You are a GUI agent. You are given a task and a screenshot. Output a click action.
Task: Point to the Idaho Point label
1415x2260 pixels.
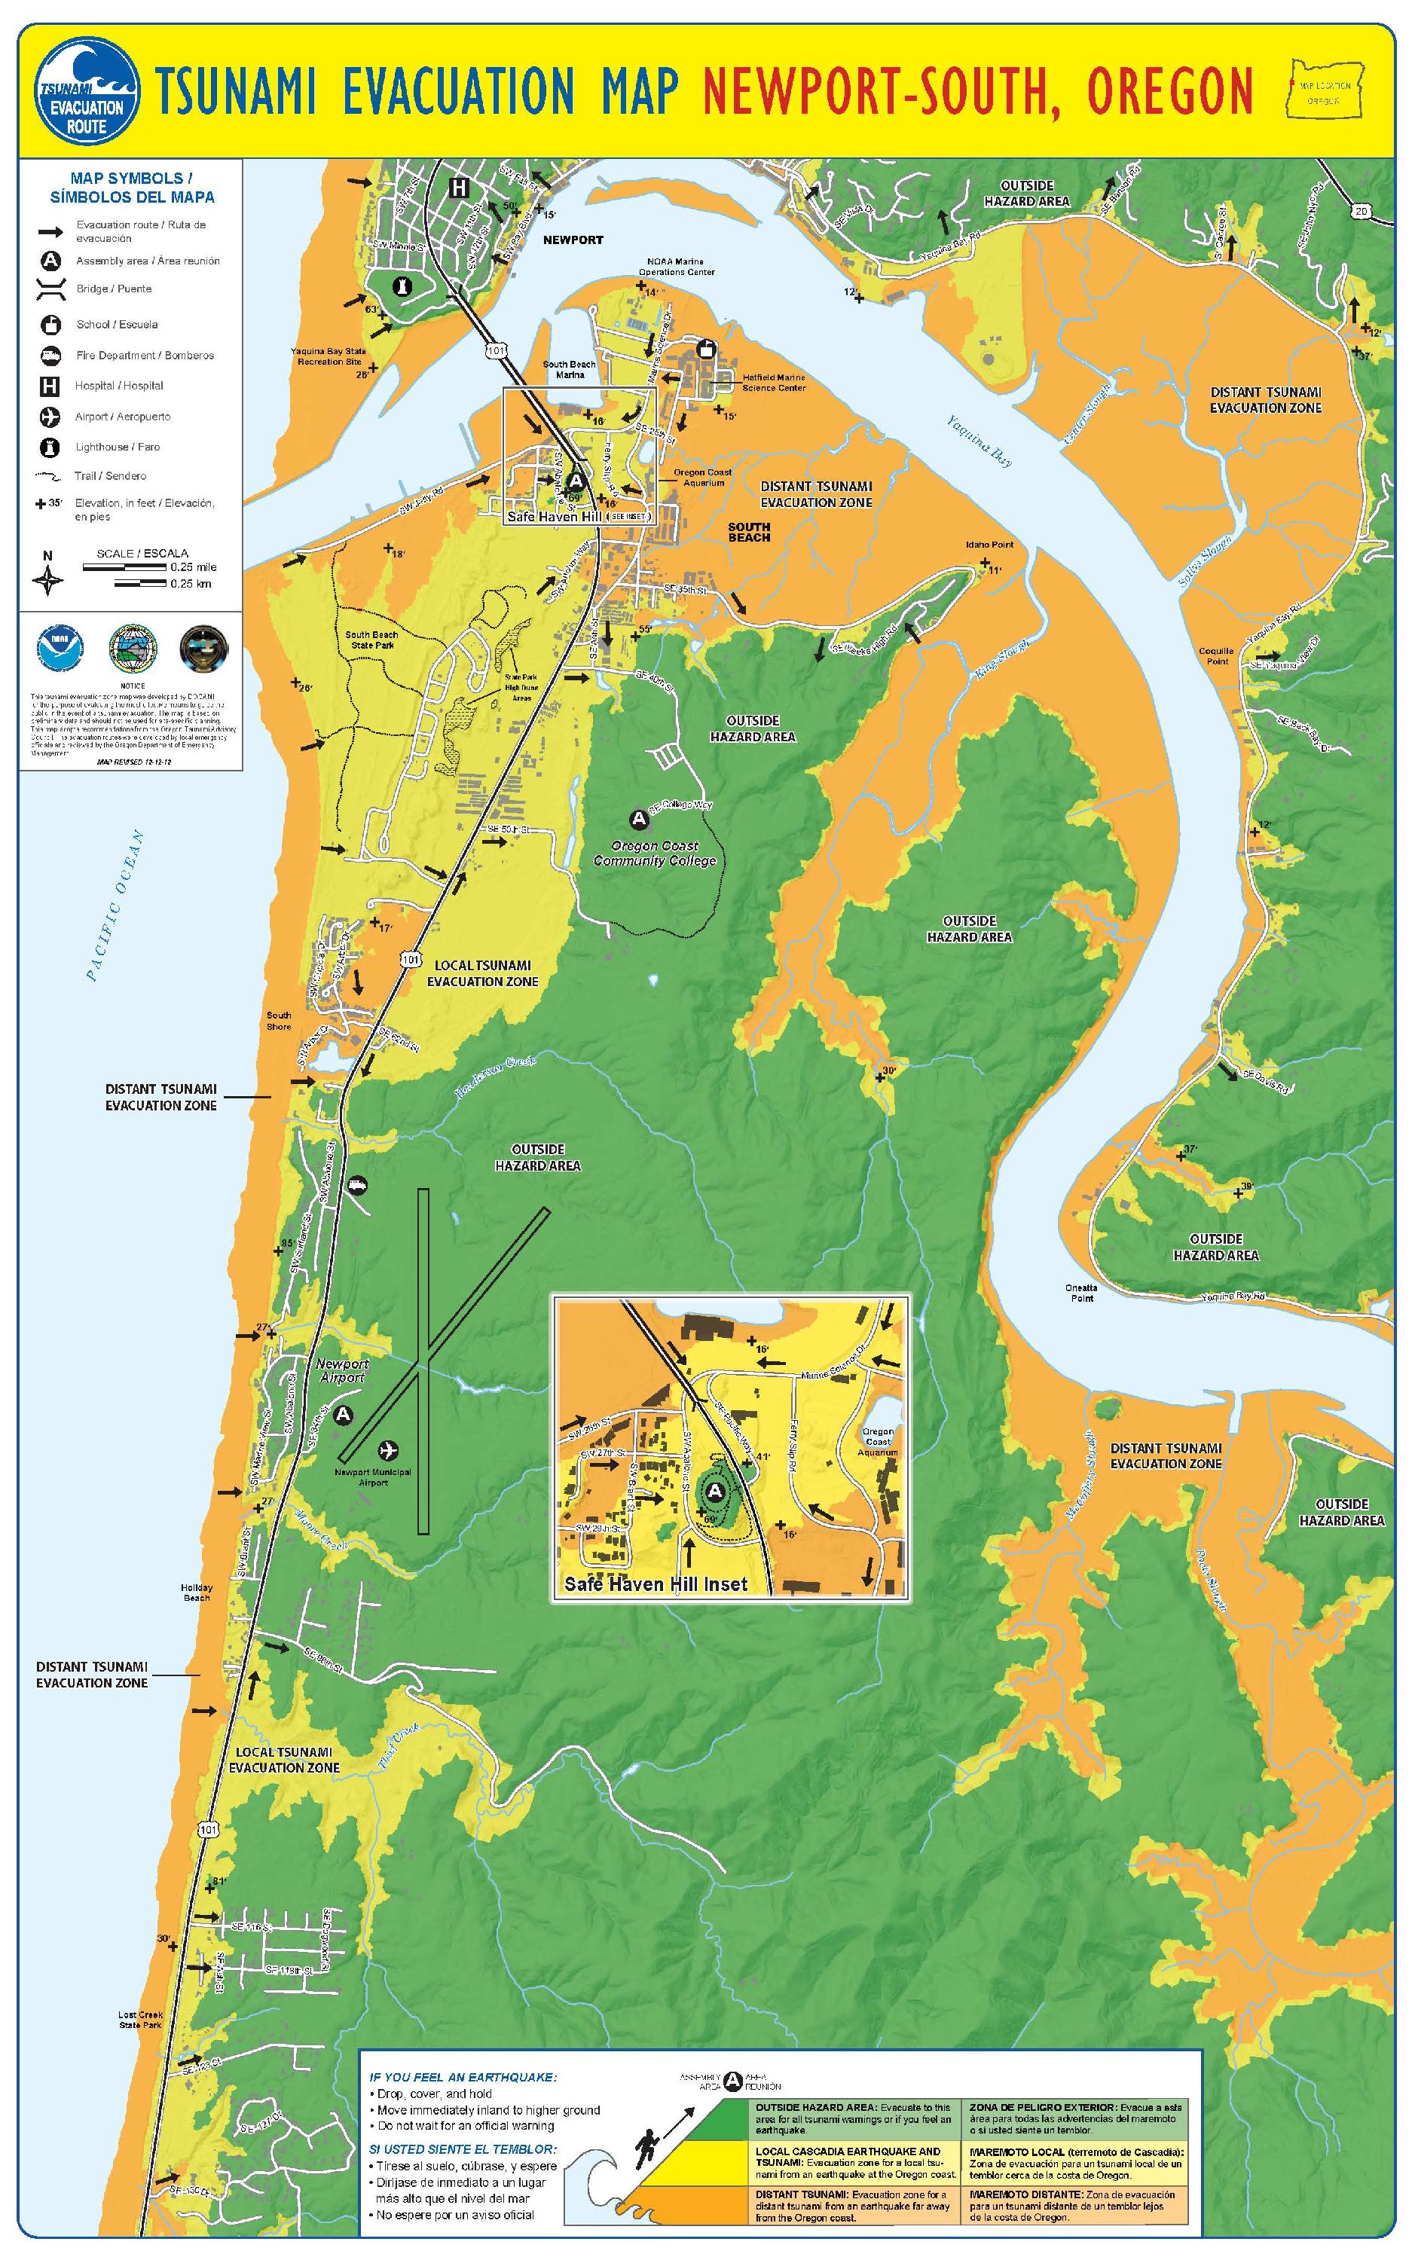click(989, 545)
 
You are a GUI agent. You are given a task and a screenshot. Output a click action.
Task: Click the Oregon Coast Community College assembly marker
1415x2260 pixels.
click(639, 820)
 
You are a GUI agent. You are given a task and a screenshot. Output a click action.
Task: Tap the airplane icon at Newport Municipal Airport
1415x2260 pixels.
click(387, 1450)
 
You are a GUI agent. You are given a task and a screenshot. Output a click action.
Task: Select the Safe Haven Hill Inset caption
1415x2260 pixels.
click(656, 1584)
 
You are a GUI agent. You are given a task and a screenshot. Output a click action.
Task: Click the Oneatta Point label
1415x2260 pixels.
click(1081, 1293)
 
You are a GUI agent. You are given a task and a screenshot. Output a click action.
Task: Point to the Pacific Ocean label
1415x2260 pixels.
click(116, 906)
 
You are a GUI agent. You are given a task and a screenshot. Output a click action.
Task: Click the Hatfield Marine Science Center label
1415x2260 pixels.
click(773, 383)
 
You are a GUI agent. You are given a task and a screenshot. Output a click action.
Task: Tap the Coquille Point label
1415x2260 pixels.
click(1217, 655)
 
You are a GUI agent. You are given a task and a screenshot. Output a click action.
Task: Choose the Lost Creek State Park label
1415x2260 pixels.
click(140, 2020)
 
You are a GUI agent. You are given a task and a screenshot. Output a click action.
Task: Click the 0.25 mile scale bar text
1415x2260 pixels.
click(193, 567)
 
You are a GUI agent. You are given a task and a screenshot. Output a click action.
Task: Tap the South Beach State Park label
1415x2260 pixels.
click(371, 640)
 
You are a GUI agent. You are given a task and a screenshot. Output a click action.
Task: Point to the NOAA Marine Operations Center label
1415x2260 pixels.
click(677, 267)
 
